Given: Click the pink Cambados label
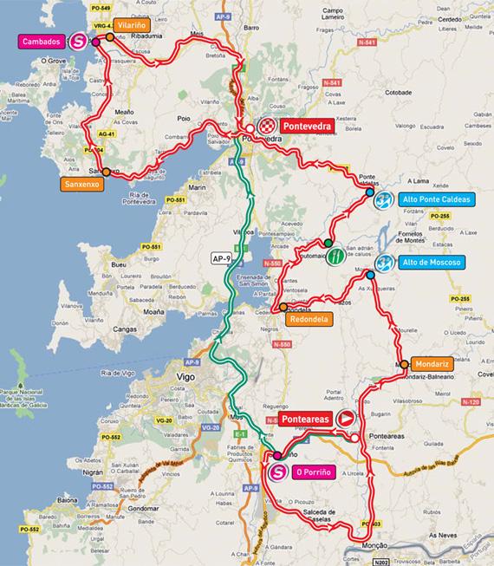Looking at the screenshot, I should (x=42, y=41).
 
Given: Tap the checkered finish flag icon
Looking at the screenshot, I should (x=270, y=125).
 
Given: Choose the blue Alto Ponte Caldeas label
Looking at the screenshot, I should (x=437, y=199).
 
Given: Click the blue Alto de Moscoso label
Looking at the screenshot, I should (x=432, y=262).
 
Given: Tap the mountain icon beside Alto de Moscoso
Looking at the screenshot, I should (x=386, y=262).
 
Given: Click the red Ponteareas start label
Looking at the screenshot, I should (x=308, y=418).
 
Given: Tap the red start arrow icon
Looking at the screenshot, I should (x=347, y=418).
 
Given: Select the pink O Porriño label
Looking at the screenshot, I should (x=316, y=472).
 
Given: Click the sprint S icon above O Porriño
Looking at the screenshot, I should (x=277, y=472).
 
